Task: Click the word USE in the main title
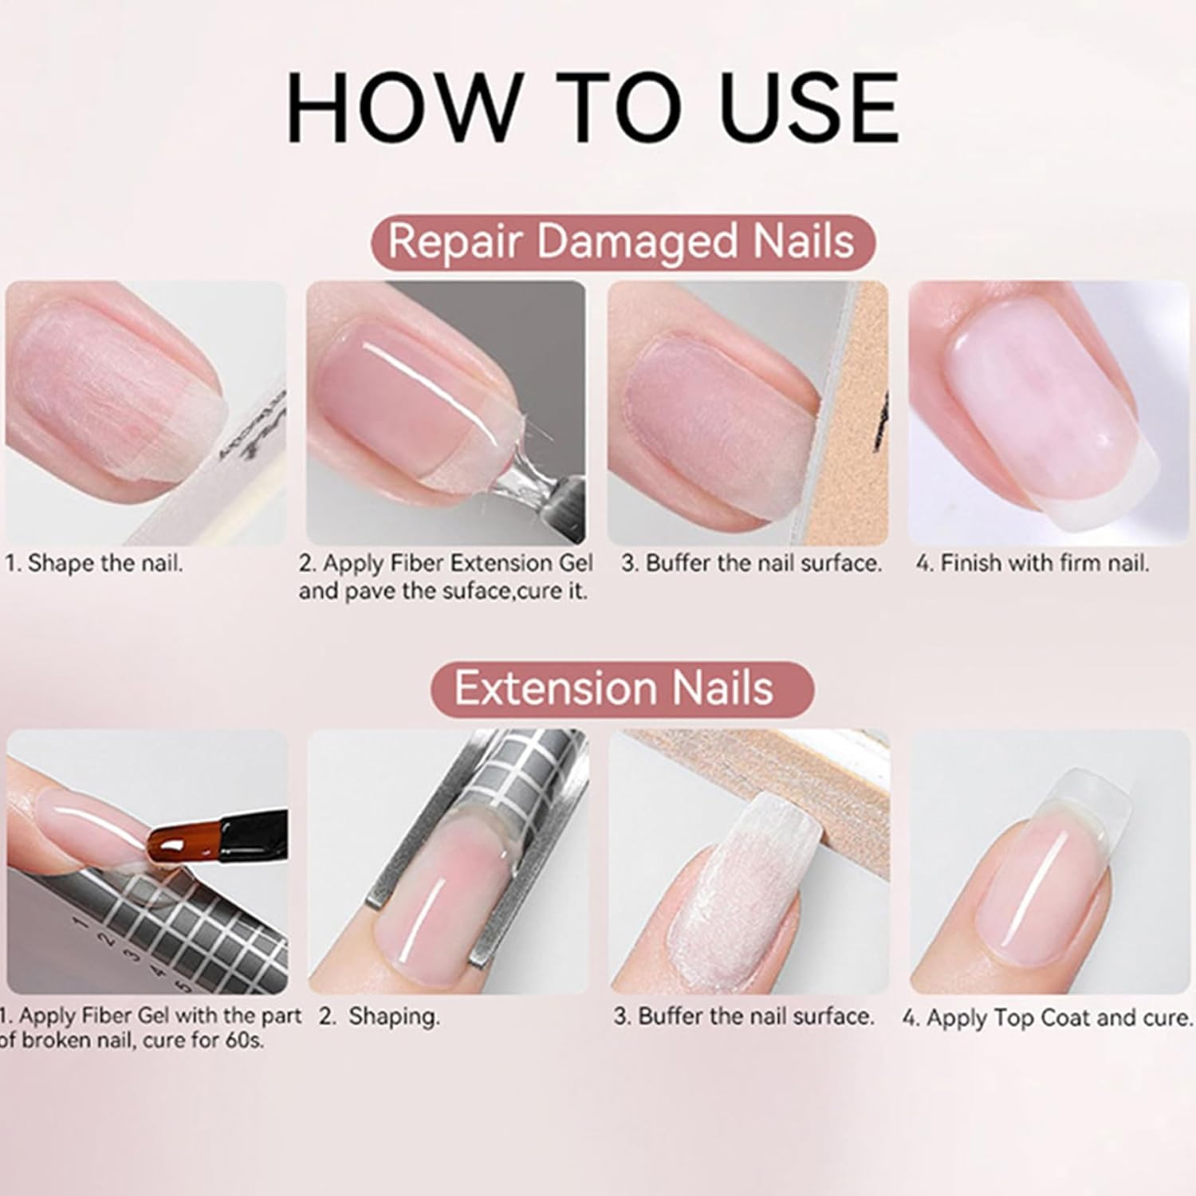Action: [808, 108]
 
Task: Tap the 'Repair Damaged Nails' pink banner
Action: [622, 242]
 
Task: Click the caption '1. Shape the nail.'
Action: [94, 564]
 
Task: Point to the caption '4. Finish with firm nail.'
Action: [1033, 564]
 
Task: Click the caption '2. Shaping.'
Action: [380, 1017]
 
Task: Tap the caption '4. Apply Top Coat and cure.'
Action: [1048, 1018]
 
